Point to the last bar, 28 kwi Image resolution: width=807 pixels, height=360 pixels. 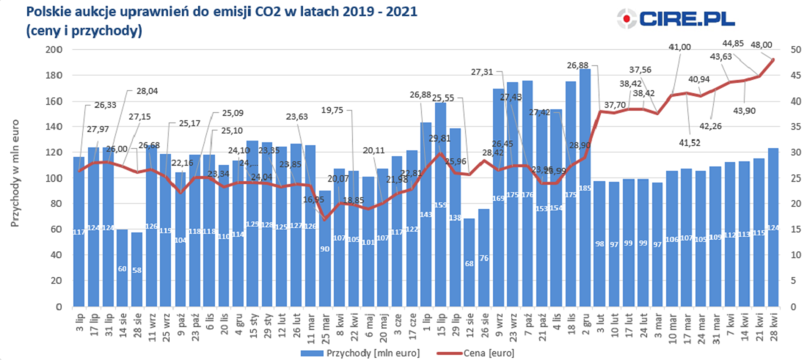[x=773, y=227]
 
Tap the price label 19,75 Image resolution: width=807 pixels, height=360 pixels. [x=337, y=110]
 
